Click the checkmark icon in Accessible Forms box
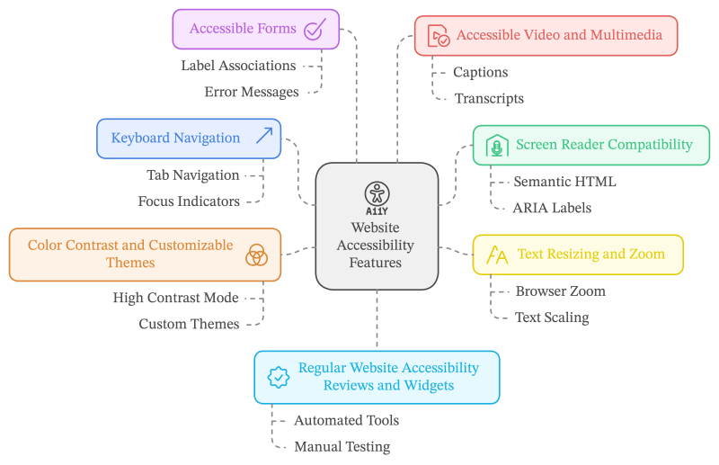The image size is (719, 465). (x=314, y=29)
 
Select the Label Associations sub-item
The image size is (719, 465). (x=237, y=66)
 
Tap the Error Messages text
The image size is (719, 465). (x=251, y=92)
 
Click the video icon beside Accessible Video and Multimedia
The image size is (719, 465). (x=438, y=36)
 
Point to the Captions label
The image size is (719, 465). (x=480, y=72)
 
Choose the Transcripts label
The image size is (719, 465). (x=488, y=98)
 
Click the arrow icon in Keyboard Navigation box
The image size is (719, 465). (x=263, y=137)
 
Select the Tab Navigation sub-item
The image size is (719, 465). (x=192, y=174)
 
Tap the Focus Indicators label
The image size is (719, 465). (x=188, y=201)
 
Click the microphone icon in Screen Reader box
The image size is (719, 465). (x=495, y=146)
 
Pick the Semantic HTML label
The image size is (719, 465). (x=564, y=182)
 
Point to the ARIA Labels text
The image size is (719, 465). (x=552, y=208)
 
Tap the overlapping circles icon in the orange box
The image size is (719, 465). (x=256, y=255)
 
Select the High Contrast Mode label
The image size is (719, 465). (x=175, y=297)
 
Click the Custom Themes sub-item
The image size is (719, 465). (x=189, y=323)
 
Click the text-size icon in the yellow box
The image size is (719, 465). (x=496, y=255)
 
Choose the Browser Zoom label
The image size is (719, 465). (x=560, y=291)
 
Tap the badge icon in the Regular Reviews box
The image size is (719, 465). (x=278, y=378)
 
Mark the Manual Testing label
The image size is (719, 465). (x=342, y=446)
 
